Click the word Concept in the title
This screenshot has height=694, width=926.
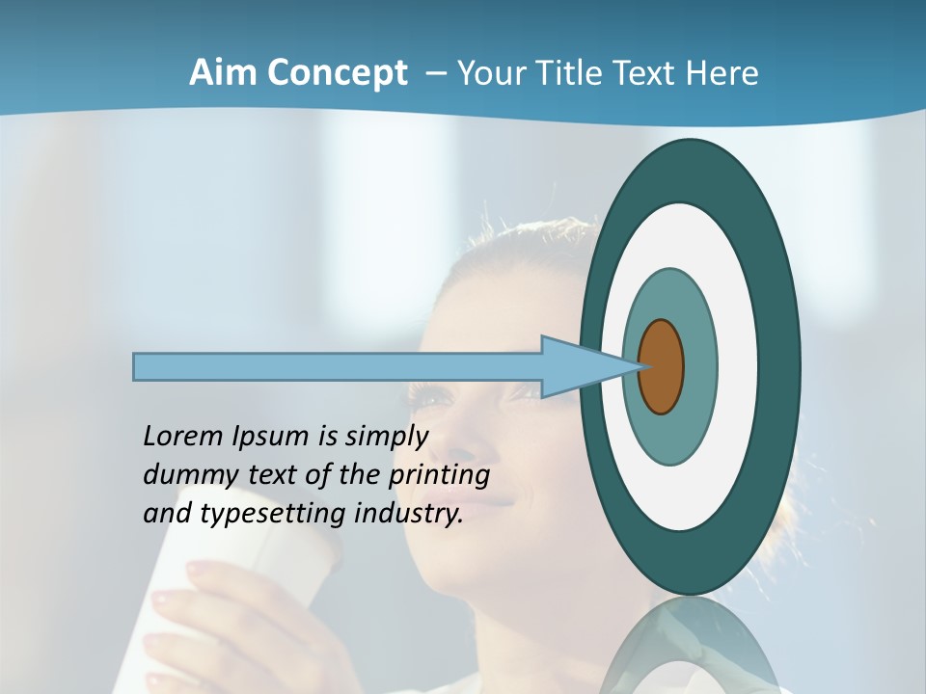pos(337,74)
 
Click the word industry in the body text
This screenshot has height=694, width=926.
pos(408,514)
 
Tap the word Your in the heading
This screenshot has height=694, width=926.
pos(489,73)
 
